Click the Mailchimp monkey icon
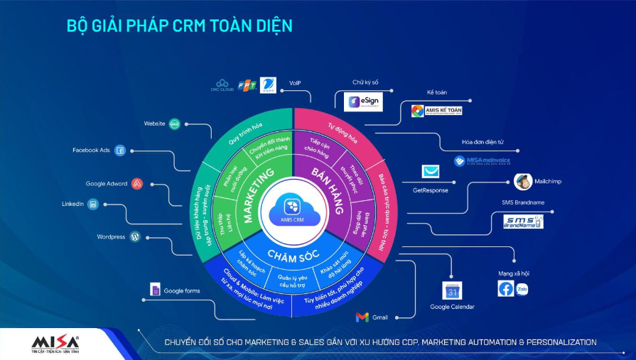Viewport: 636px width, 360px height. pyautogui.click(x=523, y=182)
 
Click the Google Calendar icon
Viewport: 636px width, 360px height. pyautogui.click(x=452, y=290)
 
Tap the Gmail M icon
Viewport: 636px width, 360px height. pyautogui.click(x=362, y=317)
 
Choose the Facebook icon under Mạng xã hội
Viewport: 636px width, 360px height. pyautogui.click(x=505, y=289)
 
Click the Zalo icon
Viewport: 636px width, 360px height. pyautogui.click(x=523, y=290)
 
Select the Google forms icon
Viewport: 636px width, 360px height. pyautogui.click(x=155, y=290)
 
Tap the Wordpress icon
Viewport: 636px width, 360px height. pyautogui.click(x=135, y=236)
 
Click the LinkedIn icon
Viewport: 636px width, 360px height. pyautogui.click(x=93, y=204)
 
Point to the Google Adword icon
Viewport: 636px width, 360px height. pyautogui.click(x=138, y=184)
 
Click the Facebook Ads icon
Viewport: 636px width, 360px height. pyautogui.click(x=120, y=151)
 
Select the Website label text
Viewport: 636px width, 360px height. pyautogui.click(x=154, y=124)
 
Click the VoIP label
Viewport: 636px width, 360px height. pyautogui.click(x=295, y=84)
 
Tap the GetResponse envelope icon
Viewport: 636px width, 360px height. pyautogui.click(x=431, y=172)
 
